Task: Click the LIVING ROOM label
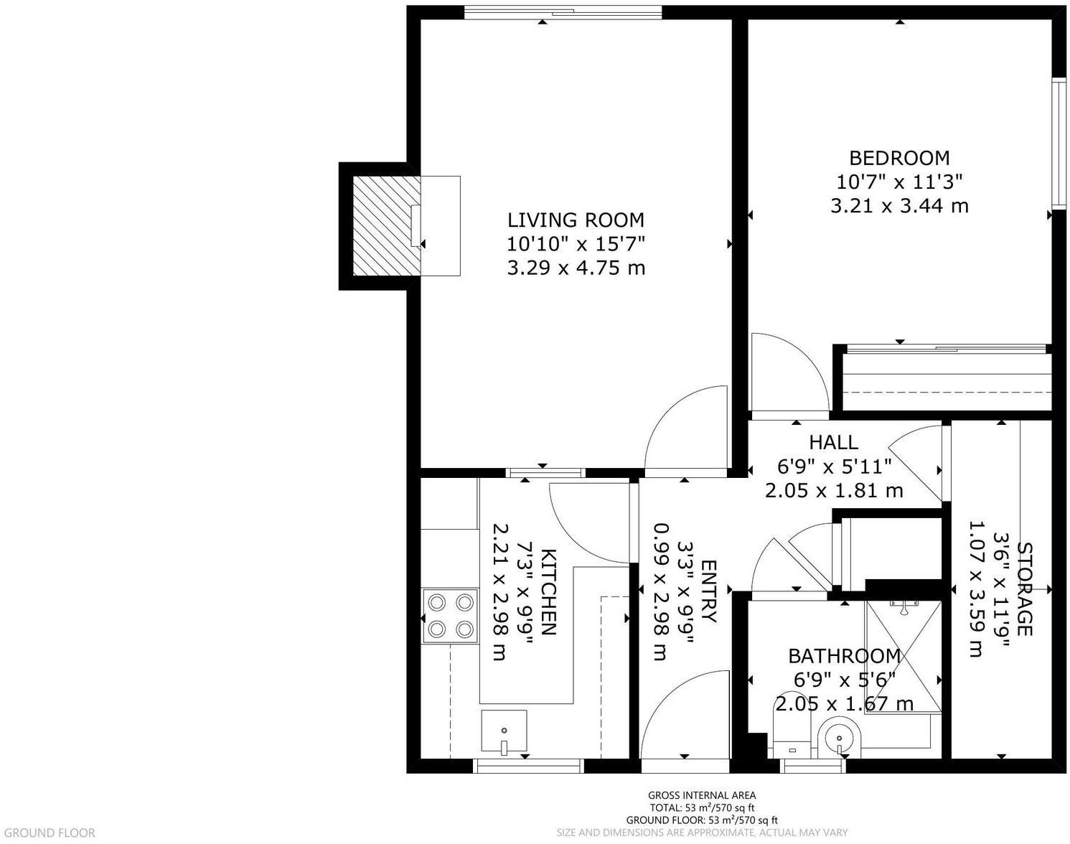(576, 220)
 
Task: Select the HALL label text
(833, 442)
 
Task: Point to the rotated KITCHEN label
(548, 592)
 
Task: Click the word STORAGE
(1024, 589)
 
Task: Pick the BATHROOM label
(844, 656)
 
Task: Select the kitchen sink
(504, 731)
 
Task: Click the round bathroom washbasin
(837, 737)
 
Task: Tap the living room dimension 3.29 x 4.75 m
(576, 268)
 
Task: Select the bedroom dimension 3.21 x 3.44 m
(899, 206)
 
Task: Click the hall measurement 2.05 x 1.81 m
(833, 491)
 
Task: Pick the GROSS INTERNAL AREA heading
(701, 794)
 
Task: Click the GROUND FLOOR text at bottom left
(48, 833)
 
